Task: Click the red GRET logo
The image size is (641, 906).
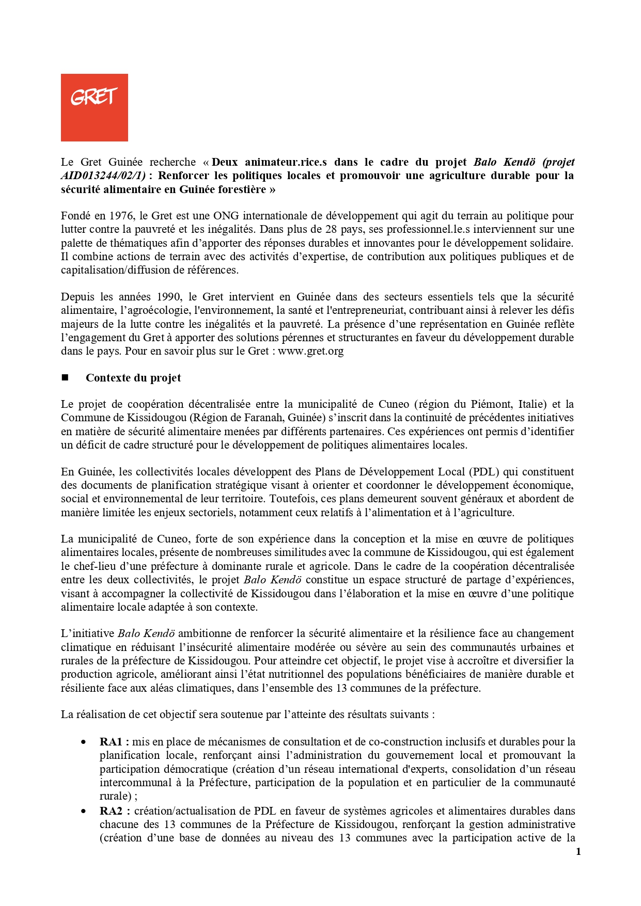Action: pos(94,107)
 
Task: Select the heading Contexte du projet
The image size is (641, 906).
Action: pos(133,378)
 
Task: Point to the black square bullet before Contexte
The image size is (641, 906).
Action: pos(65,378)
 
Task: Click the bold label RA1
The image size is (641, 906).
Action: pos(111,742)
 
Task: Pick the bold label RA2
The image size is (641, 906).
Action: pos(111,811)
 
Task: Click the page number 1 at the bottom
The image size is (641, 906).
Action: pos(578,852)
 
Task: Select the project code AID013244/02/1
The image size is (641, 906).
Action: pos(102,176)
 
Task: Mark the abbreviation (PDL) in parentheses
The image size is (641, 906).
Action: pos(484,472)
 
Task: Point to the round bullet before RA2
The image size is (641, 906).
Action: pos(84,811)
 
